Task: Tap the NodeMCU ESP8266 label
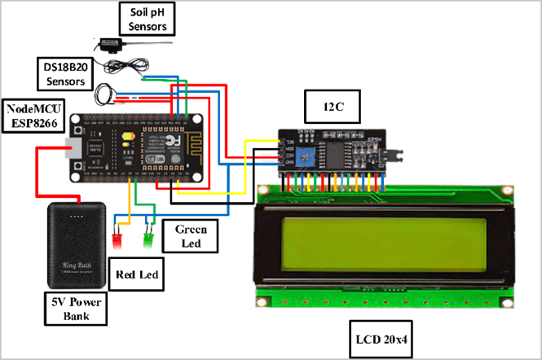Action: click(x=35, y=116)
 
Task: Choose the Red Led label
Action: click(x=138, y=274)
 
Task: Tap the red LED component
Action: click(x=115, y=240)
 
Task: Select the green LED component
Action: click(x=148, y=240)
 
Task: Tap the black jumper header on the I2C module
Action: click(x=394, y=152)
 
